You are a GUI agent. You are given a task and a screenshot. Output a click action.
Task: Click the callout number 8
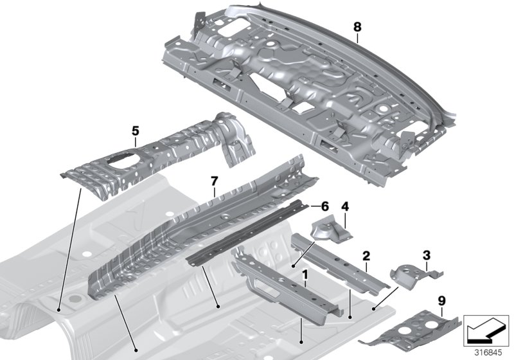click(357, 28)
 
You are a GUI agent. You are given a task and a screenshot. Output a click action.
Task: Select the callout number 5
click(135, 130)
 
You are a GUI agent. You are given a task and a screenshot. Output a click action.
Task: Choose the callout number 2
click(366, 256)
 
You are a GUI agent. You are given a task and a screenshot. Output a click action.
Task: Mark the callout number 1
click(306, 275)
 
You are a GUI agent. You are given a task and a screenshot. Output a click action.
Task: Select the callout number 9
click(441, 300)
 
